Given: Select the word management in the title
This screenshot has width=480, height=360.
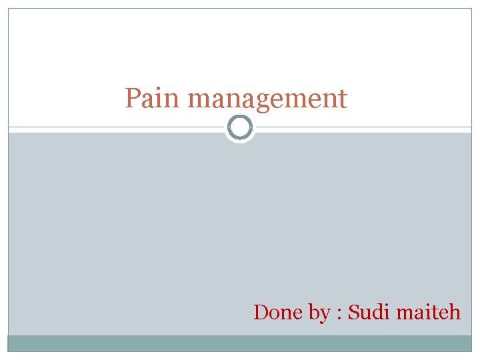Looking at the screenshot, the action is [x=267, y=100].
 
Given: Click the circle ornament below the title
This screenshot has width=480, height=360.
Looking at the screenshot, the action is [x=240, y=127].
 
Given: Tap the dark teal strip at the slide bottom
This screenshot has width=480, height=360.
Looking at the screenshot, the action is [x=240, y=343].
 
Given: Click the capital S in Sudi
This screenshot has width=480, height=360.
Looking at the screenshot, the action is [x=354, y=311].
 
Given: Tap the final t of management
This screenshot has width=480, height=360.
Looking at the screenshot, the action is [x=343, y=99].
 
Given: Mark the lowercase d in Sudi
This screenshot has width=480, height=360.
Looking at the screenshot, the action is [x=378, y=311].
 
